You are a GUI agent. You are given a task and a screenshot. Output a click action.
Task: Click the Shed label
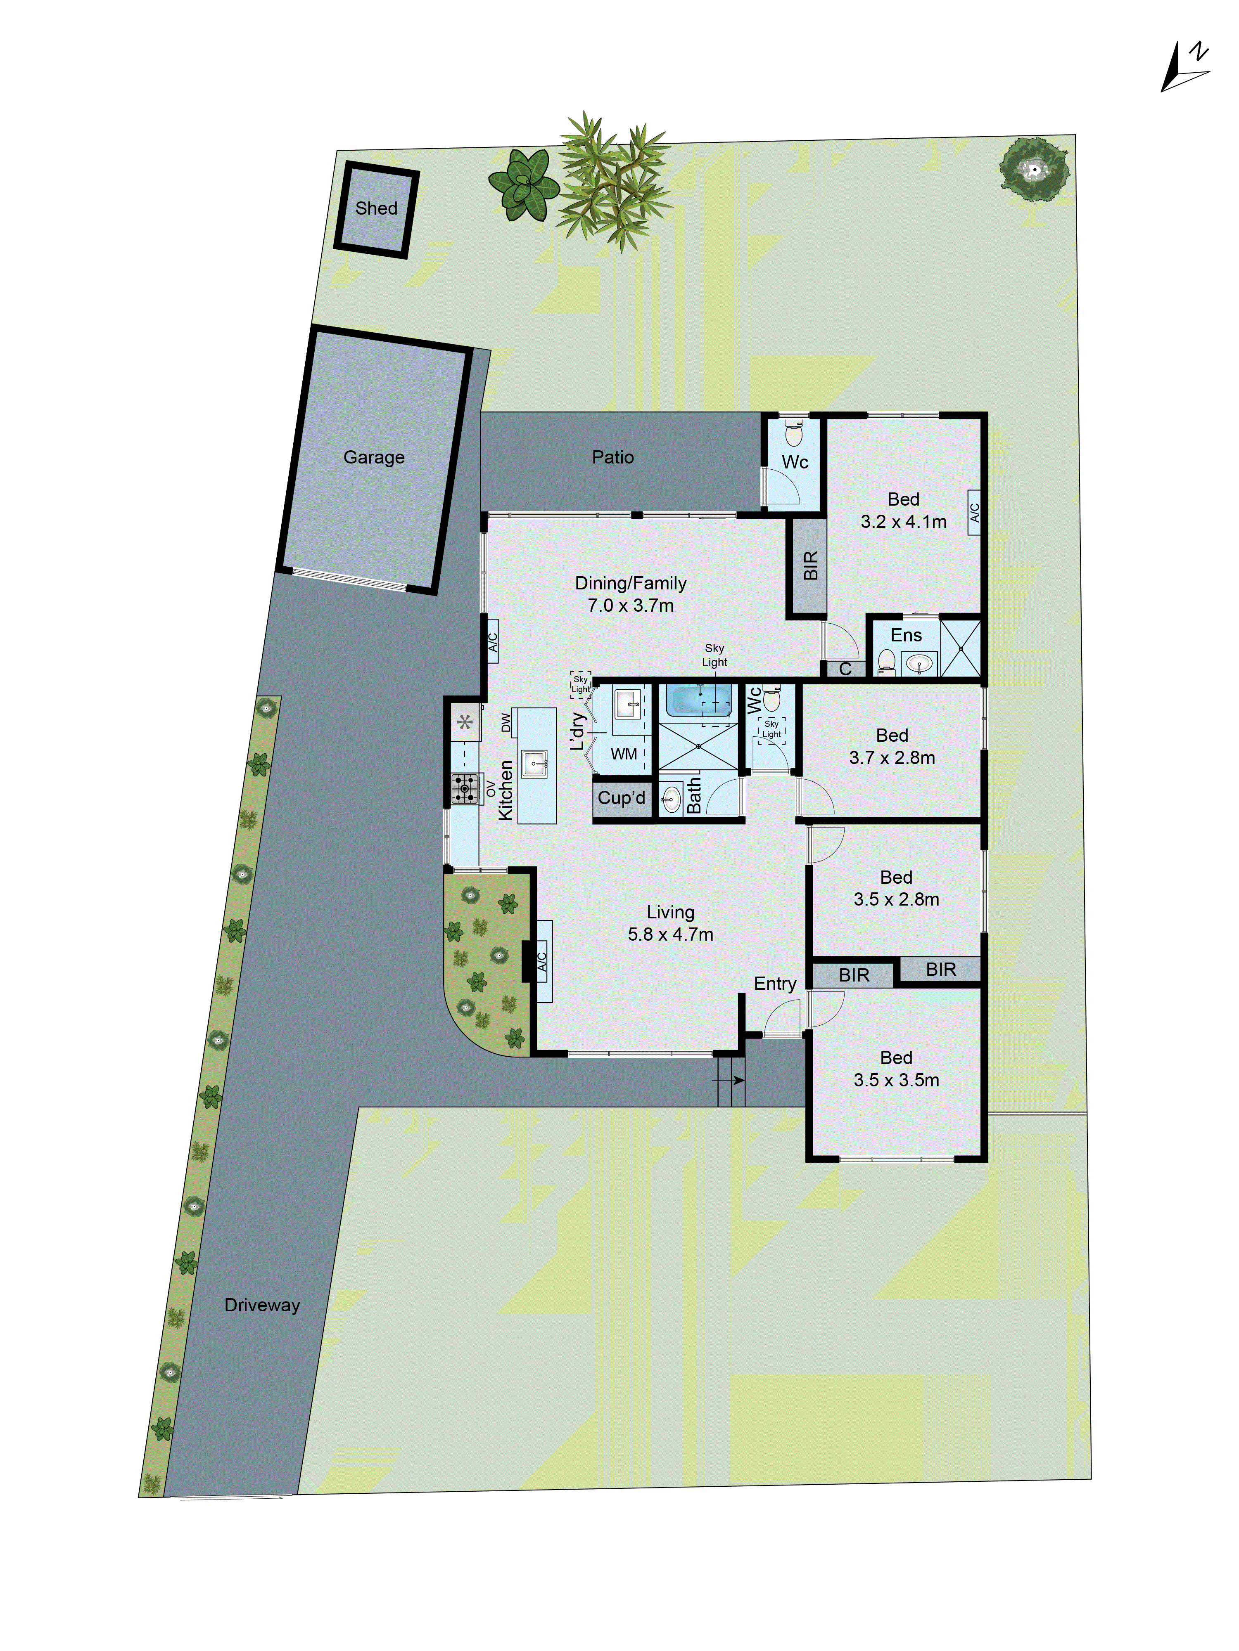[376, 208]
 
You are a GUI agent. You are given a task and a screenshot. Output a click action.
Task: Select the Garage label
[373, 457]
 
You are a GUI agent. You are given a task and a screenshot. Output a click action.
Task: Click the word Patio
[612, 457]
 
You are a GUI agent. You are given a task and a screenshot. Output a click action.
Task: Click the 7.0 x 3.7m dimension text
[630, 606]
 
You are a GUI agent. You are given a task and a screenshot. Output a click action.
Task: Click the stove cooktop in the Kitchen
[465, 788]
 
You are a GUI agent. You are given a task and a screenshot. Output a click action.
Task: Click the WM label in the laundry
[624, 754]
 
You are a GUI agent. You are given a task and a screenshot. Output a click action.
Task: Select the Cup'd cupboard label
[622, 798]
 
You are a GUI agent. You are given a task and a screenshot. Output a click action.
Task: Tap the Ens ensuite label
[906, 635]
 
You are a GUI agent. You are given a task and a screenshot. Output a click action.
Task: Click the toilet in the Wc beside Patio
[794, 434]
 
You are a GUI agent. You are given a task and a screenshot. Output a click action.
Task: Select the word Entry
[774, 983]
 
